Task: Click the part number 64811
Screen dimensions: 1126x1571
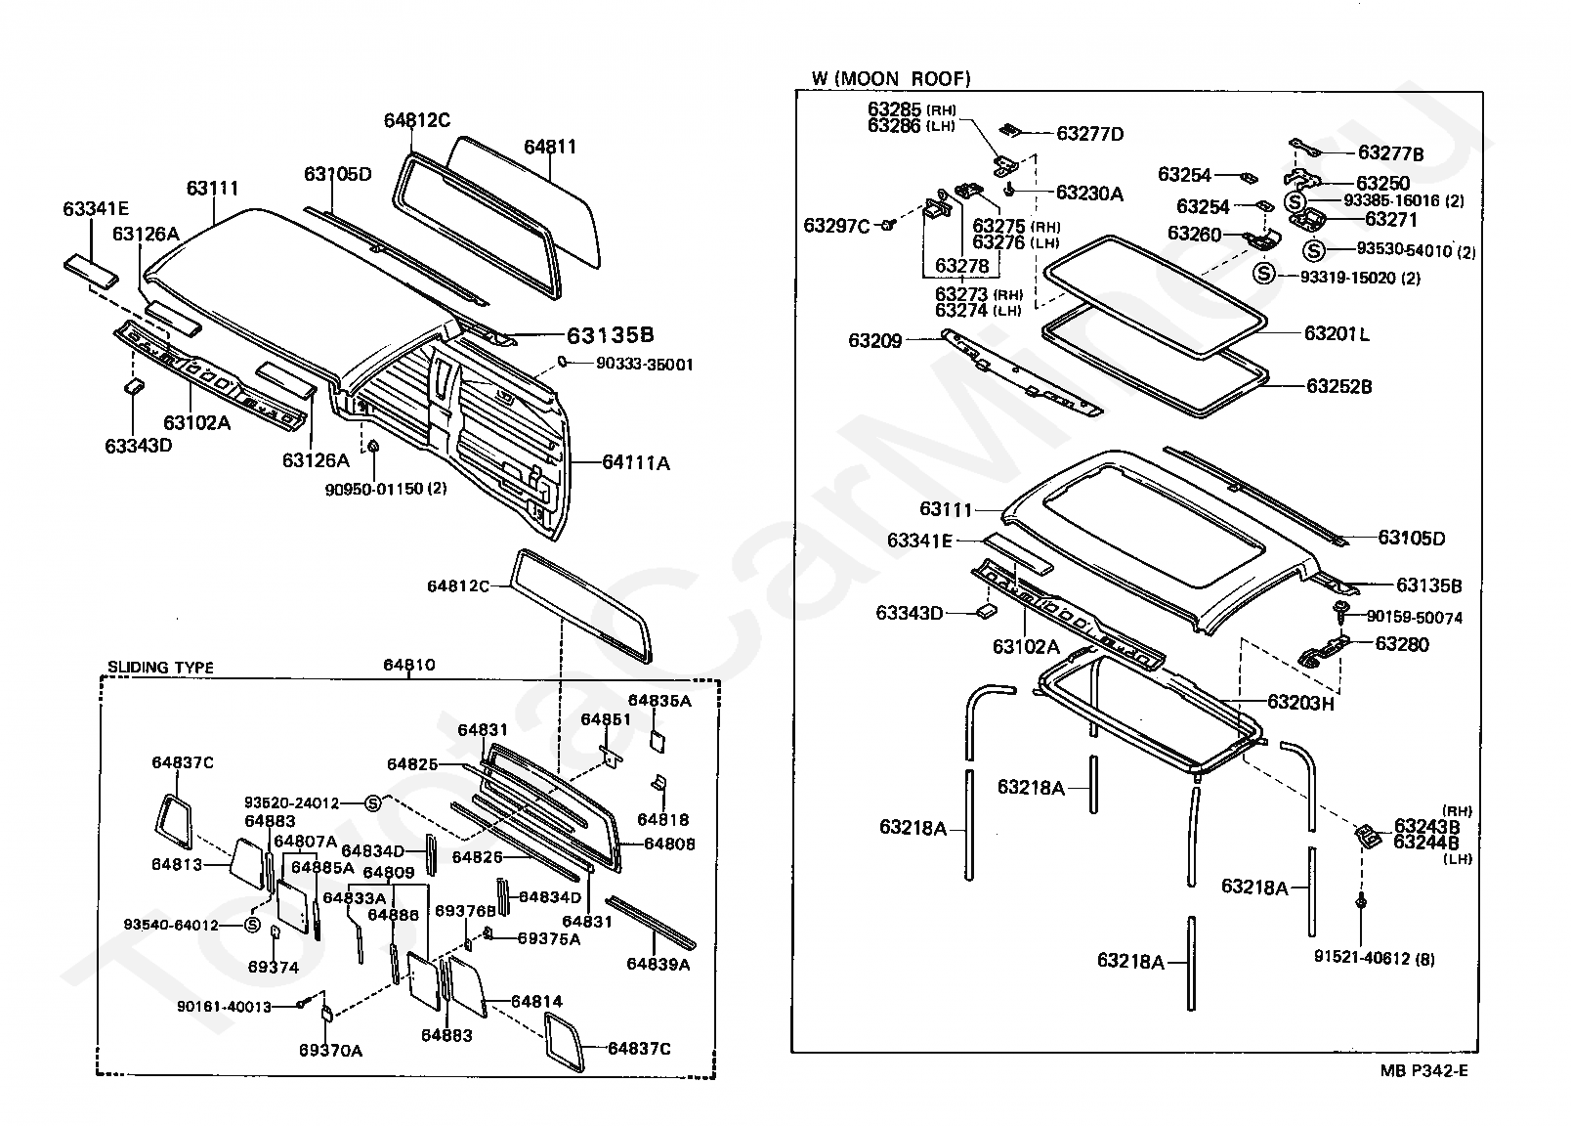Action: coord(550,148)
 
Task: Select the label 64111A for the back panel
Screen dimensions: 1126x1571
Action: coord(636,462)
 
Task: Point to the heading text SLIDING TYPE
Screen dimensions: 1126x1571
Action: coord(160,668)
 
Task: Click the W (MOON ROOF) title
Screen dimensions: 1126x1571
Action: coord(890,78)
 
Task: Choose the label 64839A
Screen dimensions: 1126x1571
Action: coord(658,964)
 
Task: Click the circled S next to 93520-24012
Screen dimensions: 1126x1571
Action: coord(372,803)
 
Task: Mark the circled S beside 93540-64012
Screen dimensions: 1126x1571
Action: coord(252,924)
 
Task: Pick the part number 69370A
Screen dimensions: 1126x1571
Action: coord(330,1051)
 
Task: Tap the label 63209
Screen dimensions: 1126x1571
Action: coord(874,340)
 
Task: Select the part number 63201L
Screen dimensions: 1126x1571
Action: coord(1337,334)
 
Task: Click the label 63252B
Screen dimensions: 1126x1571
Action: coord(1338,387)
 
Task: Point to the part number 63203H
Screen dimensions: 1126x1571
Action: coord(1300,703)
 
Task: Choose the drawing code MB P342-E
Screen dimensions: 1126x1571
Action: coord(1423,1071)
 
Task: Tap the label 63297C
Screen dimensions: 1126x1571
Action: coord(836,226)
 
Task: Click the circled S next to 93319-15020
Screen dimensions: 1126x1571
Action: coord(1264,274)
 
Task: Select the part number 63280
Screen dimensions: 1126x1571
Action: coord(1401,644)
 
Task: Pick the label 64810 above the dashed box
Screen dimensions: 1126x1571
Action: coord(409,665)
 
